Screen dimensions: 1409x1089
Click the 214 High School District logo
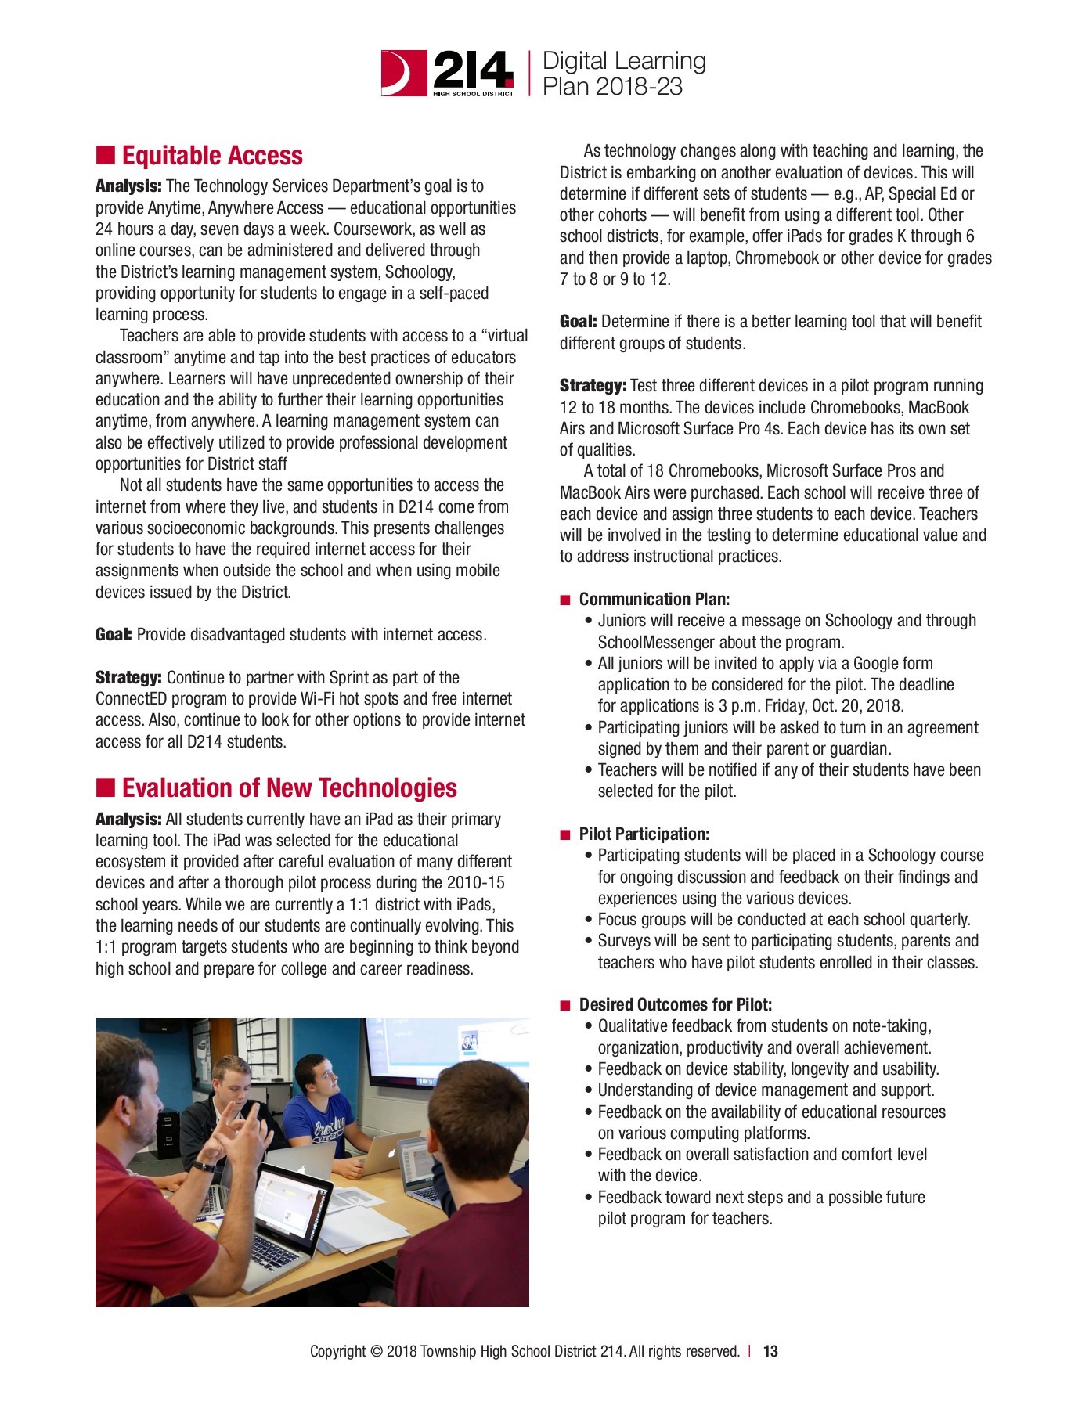coord(448,73)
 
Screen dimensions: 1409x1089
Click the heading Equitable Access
coord(212,156)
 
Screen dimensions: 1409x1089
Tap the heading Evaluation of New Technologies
coord(289,788)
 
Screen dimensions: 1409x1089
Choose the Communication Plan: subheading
coord(654,600)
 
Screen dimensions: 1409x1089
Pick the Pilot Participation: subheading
coord(644,834)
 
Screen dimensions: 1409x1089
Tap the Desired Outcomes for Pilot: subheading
coord(675,1005)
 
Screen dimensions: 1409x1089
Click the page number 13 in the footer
coord(770,1351)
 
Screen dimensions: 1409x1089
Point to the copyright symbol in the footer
coord(376,1351)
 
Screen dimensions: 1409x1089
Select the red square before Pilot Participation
coord(566,835)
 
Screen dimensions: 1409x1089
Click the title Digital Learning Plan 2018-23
coord(623,74)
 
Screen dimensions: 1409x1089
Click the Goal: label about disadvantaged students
coord(114,635)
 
